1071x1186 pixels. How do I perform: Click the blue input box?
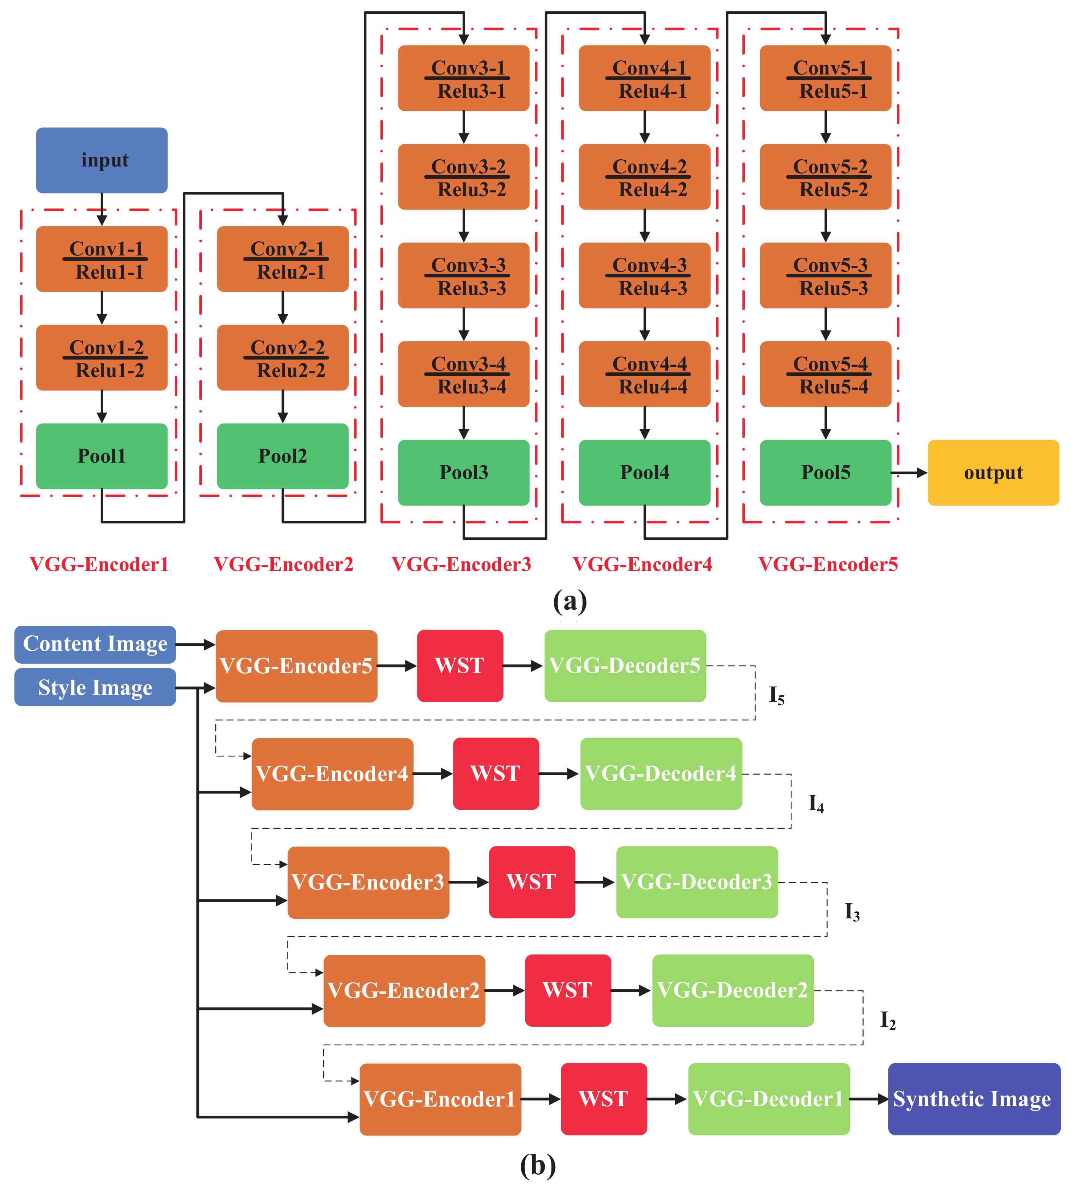(102, 160)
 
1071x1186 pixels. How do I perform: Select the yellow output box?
(993, 472)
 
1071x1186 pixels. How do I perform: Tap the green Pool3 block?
(463, 472)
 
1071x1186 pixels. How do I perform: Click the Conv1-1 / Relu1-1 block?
(102, 259)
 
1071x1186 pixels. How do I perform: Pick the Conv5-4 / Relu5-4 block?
(825, 374)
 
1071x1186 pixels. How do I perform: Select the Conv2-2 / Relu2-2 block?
(282, 358)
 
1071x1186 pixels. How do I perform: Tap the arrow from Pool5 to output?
(909, 472)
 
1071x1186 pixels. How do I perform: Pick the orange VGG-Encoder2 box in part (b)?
(404, 991)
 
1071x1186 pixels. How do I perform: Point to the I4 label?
(816, 803)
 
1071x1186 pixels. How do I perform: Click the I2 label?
(887, 1020)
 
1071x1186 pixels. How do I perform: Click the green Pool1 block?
(102, 456)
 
